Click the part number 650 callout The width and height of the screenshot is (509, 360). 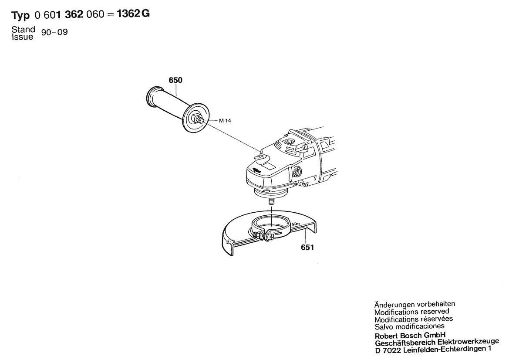coord(175,80)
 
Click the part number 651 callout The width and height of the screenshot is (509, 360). coord(307,248)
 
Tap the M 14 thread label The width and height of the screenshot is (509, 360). coord(225,121)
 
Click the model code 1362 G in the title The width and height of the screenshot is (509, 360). coord(133,14)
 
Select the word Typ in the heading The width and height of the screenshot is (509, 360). coord(20,15)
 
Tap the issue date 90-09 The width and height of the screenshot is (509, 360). coord(54,32)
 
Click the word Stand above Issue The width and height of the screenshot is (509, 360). coord(24,29)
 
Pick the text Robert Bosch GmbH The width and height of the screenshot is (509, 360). coord(410,336)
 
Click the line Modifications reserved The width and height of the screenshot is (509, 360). coord(411,312)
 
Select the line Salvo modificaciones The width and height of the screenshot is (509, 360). coord(409,326)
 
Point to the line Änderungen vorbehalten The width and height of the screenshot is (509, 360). coord(415,305)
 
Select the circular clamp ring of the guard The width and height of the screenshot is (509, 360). coord(269,225)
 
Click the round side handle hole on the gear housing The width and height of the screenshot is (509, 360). coord(297,172)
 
